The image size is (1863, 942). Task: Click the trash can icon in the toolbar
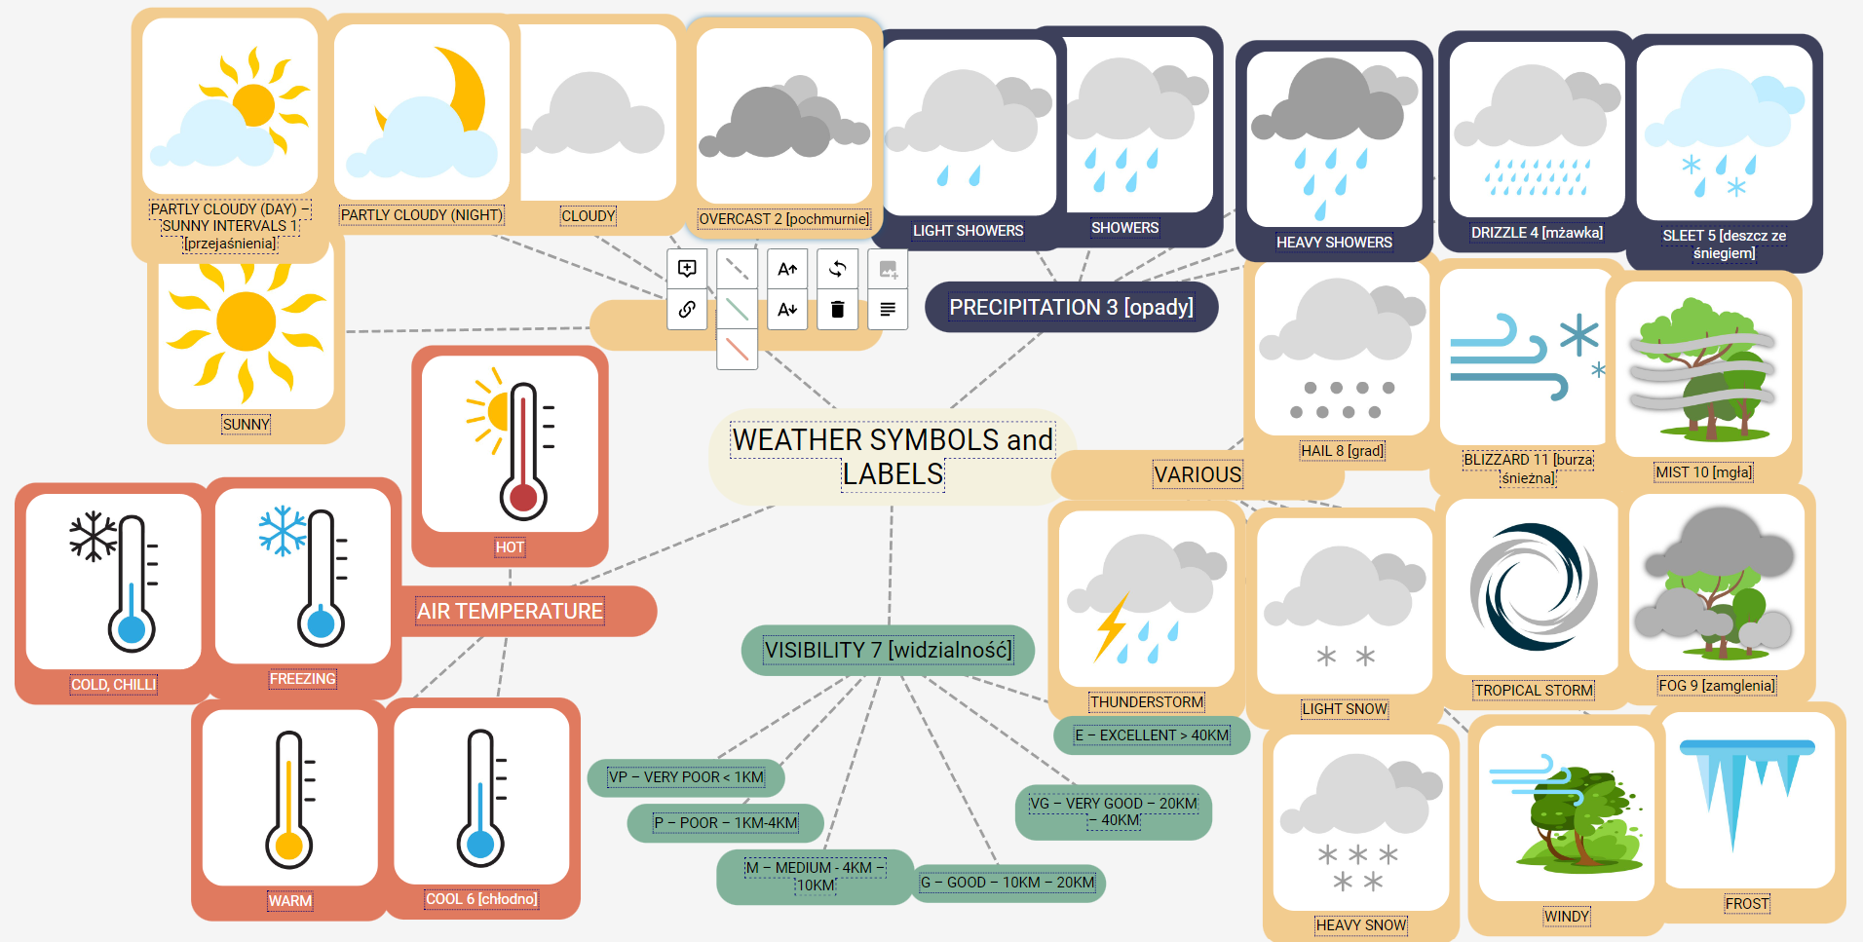point(837,310)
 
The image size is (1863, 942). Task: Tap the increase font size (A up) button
point(787,269)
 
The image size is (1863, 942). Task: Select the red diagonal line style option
point(737,349)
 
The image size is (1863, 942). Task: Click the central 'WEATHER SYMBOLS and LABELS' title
point(893,457)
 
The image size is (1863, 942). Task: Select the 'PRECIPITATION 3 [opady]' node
point(1071,307)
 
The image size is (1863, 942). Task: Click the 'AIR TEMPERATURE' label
point(510,611)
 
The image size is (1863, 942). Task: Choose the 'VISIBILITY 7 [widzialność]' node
point(888,650)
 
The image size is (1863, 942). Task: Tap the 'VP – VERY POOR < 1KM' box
point(686,776)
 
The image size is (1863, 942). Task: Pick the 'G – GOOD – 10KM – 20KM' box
point(1008,883)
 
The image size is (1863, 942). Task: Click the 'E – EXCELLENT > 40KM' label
point(1152,735)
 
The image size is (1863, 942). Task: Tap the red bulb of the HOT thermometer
point(523,498)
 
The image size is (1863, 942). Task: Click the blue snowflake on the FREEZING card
point(283,531)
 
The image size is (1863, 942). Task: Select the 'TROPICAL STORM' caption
point(1534,691)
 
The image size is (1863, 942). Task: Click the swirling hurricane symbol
point(1534,586)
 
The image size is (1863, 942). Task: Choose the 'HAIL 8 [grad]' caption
point(1342,451)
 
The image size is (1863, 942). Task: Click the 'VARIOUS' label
point(1198,474)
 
